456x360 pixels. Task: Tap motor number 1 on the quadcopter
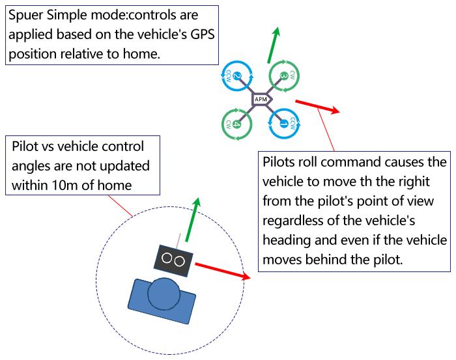tap(283, 122)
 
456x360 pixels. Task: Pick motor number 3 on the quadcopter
tap(283, 77)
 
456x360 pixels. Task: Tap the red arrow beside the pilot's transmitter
tap(222, 270)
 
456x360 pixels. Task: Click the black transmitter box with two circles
tap(173, 258)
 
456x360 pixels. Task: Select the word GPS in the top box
tap(196, 34)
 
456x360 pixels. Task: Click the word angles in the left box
tap(31, 165)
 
